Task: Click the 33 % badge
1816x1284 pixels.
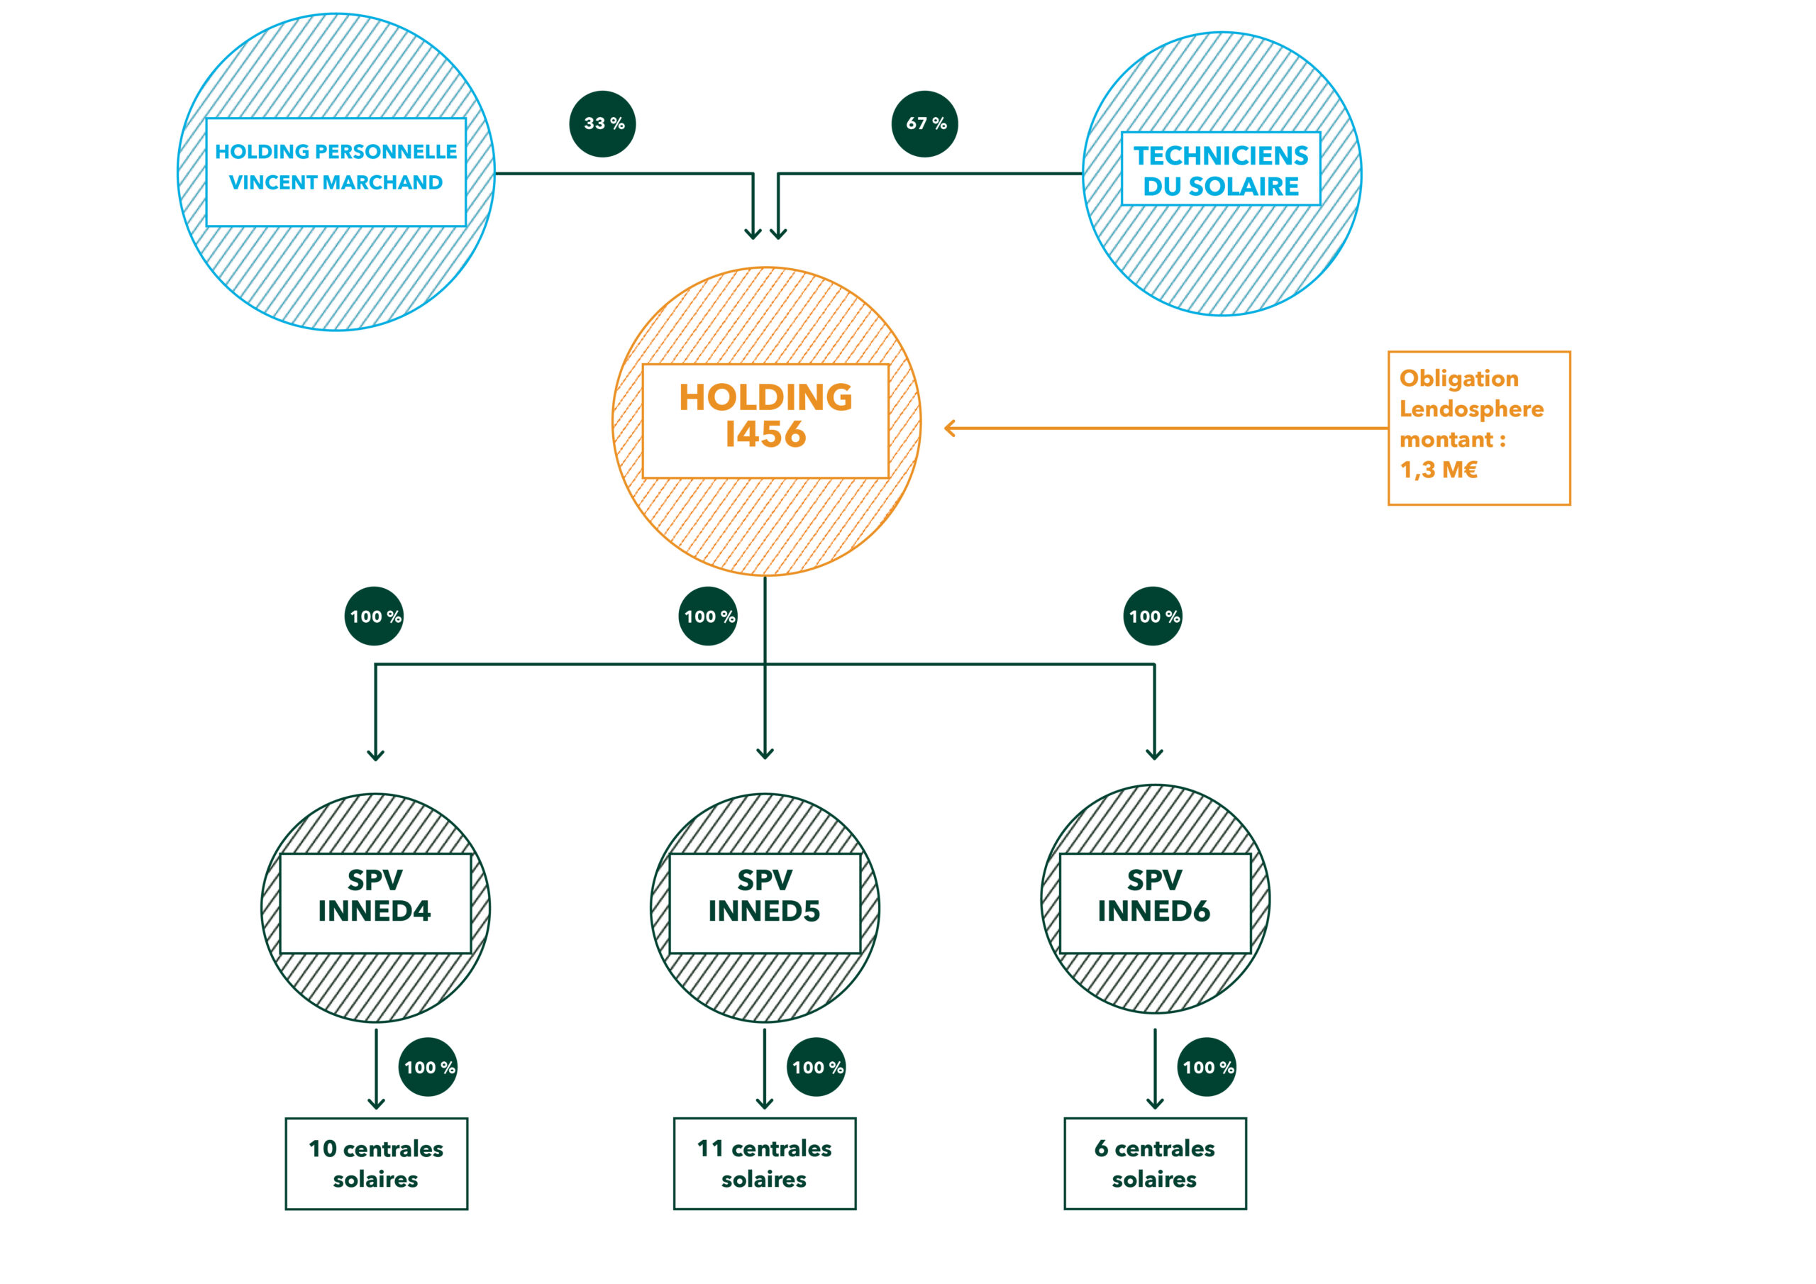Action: click(x=603, y=124)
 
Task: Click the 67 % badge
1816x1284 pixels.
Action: click(x=924, y=124)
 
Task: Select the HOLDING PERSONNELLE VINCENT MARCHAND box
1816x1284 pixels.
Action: click(x=336, y=172)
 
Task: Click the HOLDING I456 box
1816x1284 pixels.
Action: click(x=765, y=421)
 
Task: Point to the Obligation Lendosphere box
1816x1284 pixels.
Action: click(x=1478, y=428)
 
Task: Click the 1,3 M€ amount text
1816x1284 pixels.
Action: click(x=1439, y=470)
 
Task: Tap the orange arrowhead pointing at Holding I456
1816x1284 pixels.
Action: click(x=950, y=428)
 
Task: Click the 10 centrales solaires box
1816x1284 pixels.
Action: click(x=377, y=1163)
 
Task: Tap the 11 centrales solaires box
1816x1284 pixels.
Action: click(x=764, y=1163)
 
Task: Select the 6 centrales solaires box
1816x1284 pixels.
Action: click(x=1155, y=1163)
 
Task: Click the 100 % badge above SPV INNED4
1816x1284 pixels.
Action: click(x=374, y=616)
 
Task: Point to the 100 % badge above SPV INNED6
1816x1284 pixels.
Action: click(x=1153, y=616)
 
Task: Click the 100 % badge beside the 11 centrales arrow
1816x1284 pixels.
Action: click(x=817, y=1067)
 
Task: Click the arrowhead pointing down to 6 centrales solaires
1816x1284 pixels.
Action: click(x=1155, y=1104)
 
